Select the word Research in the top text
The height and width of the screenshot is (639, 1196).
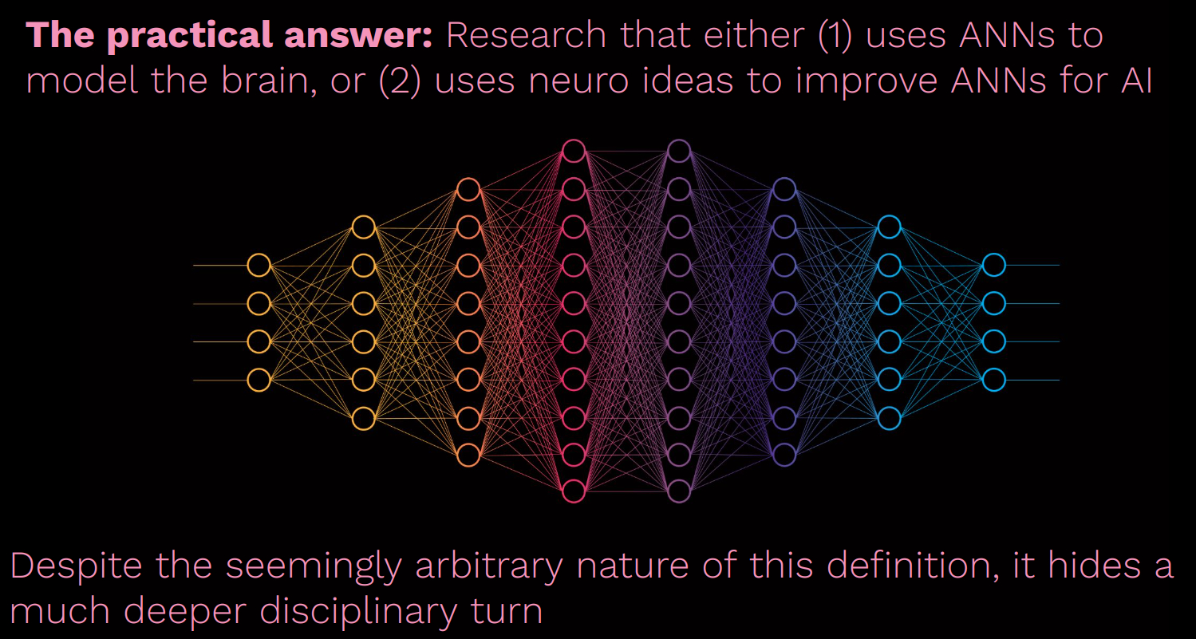pos(526,35)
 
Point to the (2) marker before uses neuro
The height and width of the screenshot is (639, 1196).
pos(400,81)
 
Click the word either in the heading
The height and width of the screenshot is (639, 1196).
pos(754,35)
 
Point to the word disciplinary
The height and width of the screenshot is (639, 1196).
pos(358,612)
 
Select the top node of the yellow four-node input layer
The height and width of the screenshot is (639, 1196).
pos(259,266)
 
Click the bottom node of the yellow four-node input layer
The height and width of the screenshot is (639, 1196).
pos(259,380)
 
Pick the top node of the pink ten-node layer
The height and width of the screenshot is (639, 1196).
pos(574,151)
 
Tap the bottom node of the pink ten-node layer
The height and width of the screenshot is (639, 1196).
pos(574,491)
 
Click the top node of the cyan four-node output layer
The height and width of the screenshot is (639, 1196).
pos(993,266)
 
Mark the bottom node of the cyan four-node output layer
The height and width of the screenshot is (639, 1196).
pos(993,380)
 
